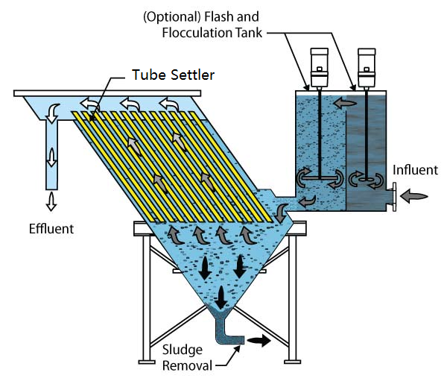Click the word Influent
[415, 170]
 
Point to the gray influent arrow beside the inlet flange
[414, 197]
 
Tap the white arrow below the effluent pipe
[51, 201]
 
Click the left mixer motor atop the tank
[319, 66]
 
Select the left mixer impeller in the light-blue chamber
[320, 178]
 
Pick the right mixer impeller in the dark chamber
[366, 177]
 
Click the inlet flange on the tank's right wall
[392, 197]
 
